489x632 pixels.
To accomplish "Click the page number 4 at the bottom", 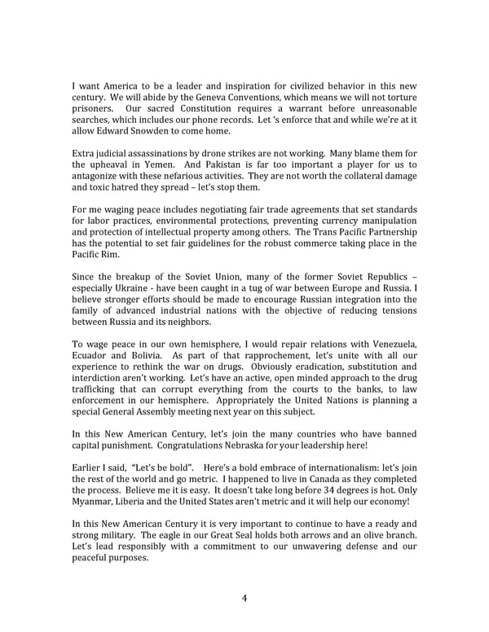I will [x=244, y=598].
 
